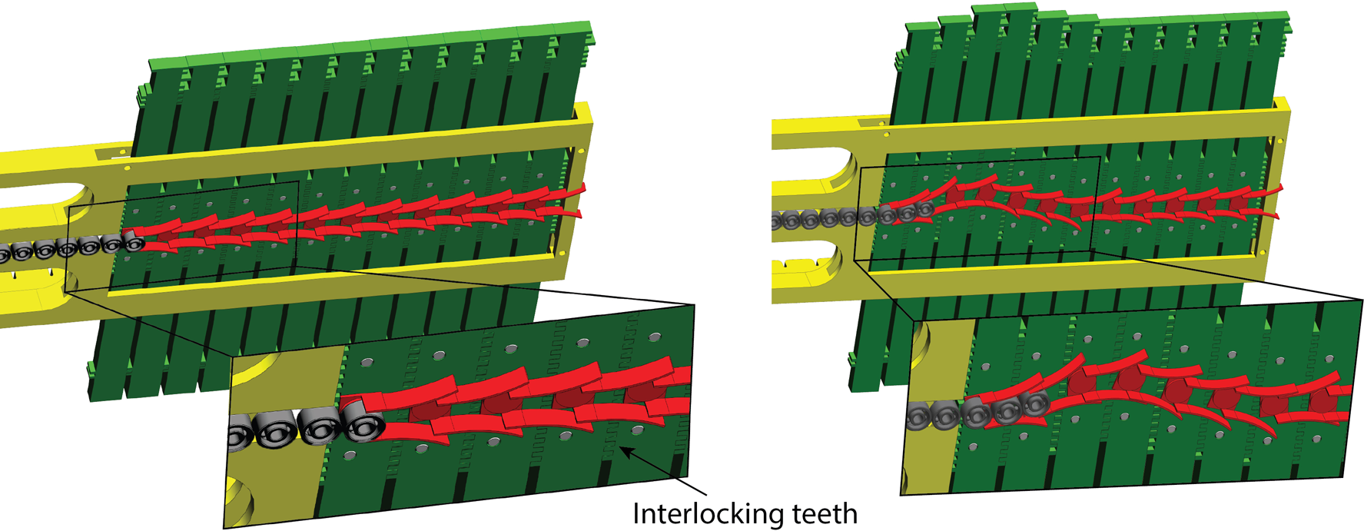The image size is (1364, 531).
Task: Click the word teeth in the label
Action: [x=825, y=513]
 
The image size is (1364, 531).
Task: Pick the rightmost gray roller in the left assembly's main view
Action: [x=134, y=244]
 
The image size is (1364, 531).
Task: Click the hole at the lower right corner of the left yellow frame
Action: [x=563, y=253]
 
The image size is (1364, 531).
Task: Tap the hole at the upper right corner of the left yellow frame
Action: [x=580, y=151]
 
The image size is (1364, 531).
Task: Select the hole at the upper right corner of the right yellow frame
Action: [x=1280, y=141]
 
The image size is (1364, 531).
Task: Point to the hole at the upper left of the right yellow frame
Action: [x=887, y=135]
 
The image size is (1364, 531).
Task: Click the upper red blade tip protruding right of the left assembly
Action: [x=581, y=188]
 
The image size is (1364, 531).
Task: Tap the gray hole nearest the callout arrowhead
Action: [x=638, y=430]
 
